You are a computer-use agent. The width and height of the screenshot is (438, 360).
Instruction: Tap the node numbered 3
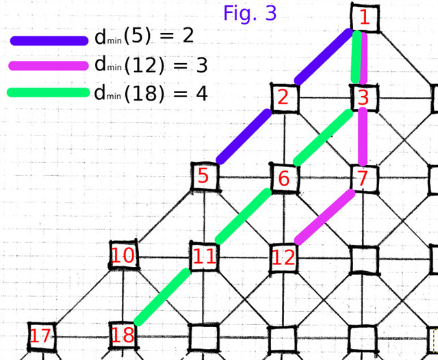(363, 98)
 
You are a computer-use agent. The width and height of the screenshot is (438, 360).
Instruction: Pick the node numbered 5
(203, 177)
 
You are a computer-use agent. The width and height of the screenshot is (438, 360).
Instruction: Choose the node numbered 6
(284, 179)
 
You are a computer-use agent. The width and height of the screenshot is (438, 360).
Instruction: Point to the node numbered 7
(363, 179)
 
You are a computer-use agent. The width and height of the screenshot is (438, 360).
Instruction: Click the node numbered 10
(124, 257)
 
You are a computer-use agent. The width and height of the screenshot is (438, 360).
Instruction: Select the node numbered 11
(204, 258)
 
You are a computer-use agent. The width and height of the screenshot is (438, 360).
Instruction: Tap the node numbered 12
(283, 257)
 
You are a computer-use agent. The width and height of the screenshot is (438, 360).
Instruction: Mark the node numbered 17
(40, 336)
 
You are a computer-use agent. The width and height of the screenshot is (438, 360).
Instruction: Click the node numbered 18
(123, 335)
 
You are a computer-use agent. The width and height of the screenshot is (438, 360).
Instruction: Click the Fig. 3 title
(250, 12)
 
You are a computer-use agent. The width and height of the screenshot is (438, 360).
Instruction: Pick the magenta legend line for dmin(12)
(49, 66)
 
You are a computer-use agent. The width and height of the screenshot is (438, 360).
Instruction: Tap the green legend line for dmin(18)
(49, 92)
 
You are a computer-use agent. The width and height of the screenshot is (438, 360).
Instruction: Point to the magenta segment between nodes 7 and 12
(324, 217)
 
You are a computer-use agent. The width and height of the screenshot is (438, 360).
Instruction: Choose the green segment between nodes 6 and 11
(244, 216)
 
